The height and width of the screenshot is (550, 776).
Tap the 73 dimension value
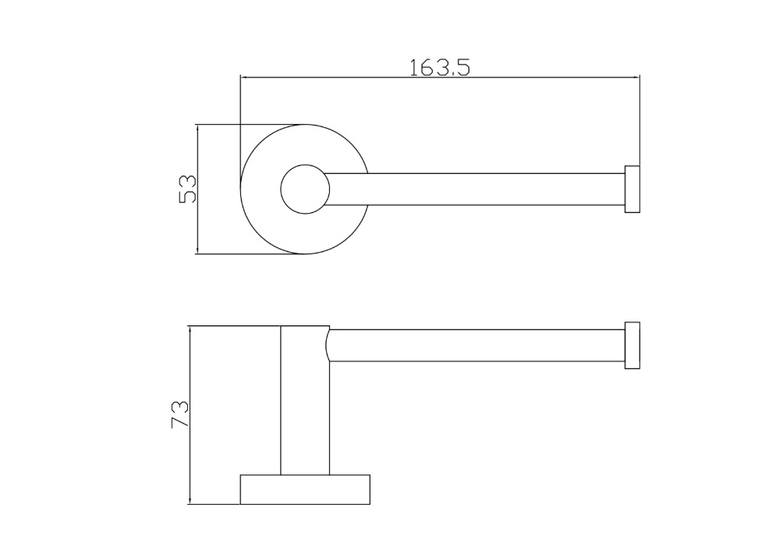pyautogui.click(x=179, y=413)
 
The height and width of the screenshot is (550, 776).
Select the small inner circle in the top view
pyautogui.click(x=305, y=189)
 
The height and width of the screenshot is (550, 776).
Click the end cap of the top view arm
pyautogui.click(x=632, y=189)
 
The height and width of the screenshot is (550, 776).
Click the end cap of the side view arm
pyautogui.click(x=632, y=345)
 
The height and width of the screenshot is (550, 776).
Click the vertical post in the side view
pyautogui.click(x=305, y=406)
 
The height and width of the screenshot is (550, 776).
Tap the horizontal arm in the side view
pyautogui.click(x=476, y=345)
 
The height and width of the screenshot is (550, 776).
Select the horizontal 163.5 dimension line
pyautogui.click(x=351, y=77)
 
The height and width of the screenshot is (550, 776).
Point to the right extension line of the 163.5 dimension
pyautogui.click(x=640, y=117)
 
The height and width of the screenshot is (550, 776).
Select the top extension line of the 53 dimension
pyautogui.click(x=250, y=124)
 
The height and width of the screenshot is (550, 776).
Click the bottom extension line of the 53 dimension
pyautogui.click(x=250, y=254)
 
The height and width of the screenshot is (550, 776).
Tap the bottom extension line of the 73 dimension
pyautogui.click(x=214, y=504)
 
